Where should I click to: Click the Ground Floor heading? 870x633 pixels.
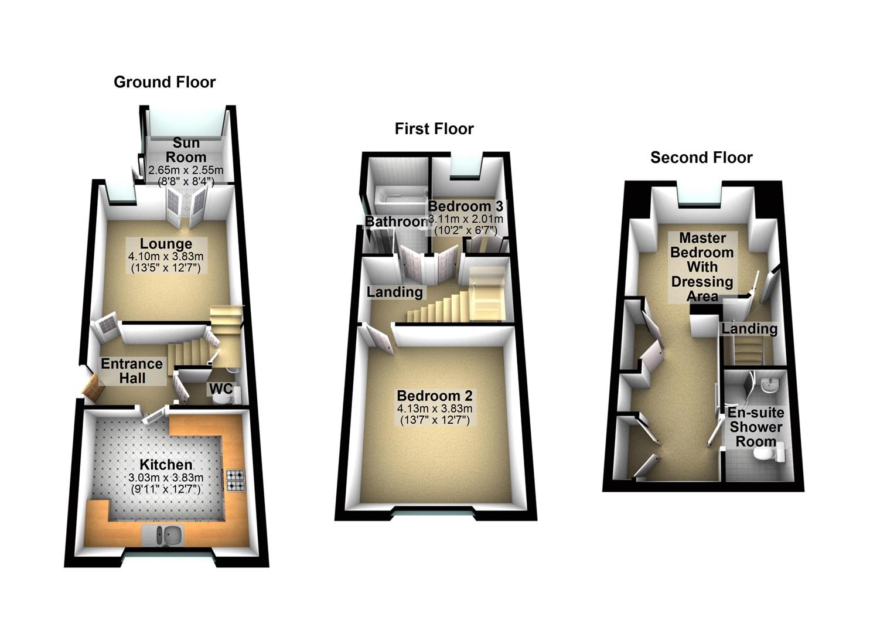click(165, 82)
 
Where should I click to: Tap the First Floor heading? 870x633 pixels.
click(434, 129)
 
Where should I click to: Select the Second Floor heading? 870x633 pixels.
click(701, 158)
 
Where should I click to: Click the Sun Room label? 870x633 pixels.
click(186, 150)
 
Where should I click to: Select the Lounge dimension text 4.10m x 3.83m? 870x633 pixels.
click(166, 257)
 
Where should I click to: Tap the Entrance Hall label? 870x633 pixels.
click(132, 371)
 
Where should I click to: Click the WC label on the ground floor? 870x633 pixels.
click(221, 389)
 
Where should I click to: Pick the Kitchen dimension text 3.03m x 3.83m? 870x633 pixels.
click(166, 478)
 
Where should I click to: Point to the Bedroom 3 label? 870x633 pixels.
click(465, 206)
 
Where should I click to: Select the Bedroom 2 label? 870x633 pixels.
click(434, 396)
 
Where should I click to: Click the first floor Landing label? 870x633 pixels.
click(394, 292)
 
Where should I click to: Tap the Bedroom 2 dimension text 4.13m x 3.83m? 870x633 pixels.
click(434, 409)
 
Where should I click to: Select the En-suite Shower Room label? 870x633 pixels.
click(756, 427)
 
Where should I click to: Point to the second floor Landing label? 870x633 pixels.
click(749, 329)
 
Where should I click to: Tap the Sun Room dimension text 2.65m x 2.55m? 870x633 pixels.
click(186, 171)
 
